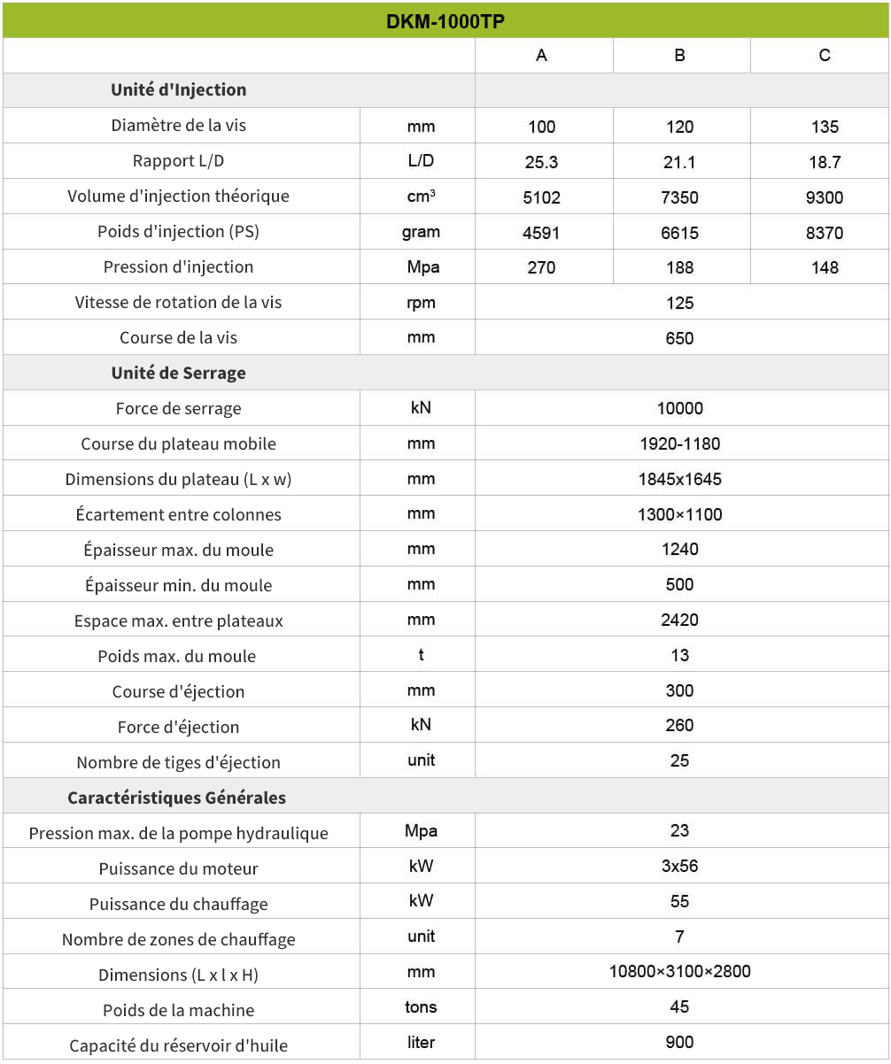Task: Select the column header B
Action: point(679,56)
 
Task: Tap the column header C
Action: point(824,56)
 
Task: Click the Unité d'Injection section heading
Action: point(178,90)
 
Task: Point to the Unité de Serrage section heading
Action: point(178,374)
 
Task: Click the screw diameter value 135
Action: point(824,127)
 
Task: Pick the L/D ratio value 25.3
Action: point(541,162)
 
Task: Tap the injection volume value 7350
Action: point(679,197)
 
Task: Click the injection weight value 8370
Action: point(824,233)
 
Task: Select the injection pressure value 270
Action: point(541,267)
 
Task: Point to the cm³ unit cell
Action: point(421,197)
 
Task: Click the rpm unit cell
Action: point(421,303)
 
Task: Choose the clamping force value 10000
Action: point(679,408)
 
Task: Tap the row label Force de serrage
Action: point(178,409)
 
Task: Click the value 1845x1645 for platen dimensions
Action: point(679,479)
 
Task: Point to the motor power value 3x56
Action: point(679,866)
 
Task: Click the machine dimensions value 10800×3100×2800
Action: point(679,971)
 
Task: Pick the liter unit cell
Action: point(421,1042)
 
